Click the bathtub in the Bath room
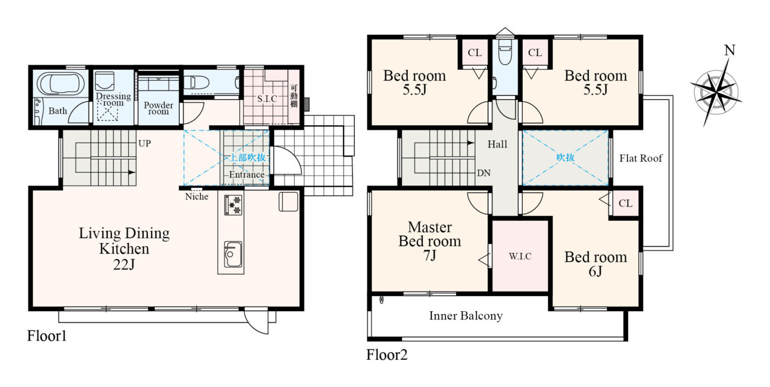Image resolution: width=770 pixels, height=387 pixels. pyautogui.click(x=61, y=84)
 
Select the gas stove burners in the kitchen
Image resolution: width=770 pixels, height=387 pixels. pyautogui.click(x=233, y=205)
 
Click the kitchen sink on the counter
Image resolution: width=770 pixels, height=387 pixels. pyautogui.click(x=233, y=255)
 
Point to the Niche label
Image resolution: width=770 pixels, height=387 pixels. pyautogui.click(x=197, y=196)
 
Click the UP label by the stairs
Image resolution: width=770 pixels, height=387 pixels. pyautogui.click(x=144, y=143)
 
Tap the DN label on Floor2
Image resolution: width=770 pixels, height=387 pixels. pyautogui.click(x=484, y=173)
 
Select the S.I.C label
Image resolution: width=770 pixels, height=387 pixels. pyautogui.click(x=267, y=99)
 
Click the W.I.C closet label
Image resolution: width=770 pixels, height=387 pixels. pyautogui.click(x=520, y=256)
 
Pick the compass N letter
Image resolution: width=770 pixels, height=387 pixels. pyautogui.click(x=730, y=51)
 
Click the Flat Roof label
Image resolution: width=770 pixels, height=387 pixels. pyautogui.click(x=641, y=158)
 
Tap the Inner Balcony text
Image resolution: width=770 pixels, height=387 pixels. pyautogui.click(x=466, y=315)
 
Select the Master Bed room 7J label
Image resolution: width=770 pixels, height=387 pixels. pyautogui.click(x=430, y=241)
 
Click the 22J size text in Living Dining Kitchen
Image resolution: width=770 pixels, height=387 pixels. pyautogui.click(x=124, y=265)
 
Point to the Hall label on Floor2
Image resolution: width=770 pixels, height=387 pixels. pyautogui.click(x=497, y=144)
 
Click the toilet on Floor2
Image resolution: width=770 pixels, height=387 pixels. pyautogui.click(x=505, y=53)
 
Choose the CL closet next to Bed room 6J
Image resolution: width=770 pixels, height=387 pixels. pyautogui.click(x=625, y=203)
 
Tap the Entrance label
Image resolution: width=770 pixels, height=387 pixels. pyautogui.click(x=247, y=175)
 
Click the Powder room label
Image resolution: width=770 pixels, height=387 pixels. pyautogui.click(x=158, y=108)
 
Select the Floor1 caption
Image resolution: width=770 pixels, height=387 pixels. pyautogui.click(x=47, y=336)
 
